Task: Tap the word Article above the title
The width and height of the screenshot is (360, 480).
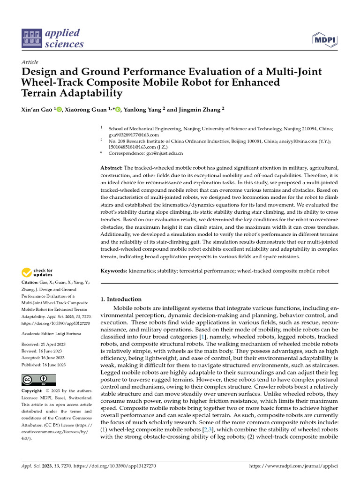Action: tap(30, 62)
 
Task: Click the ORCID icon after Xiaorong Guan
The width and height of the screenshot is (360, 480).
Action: tap(118, 109)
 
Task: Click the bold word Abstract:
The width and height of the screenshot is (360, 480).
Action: tap(112, 168)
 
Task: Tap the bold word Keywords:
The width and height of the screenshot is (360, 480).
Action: tap(114, 271)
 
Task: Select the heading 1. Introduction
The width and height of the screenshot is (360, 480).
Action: tap(121, 299)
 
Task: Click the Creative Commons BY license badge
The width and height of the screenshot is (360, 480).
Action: tap(39, 380)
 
